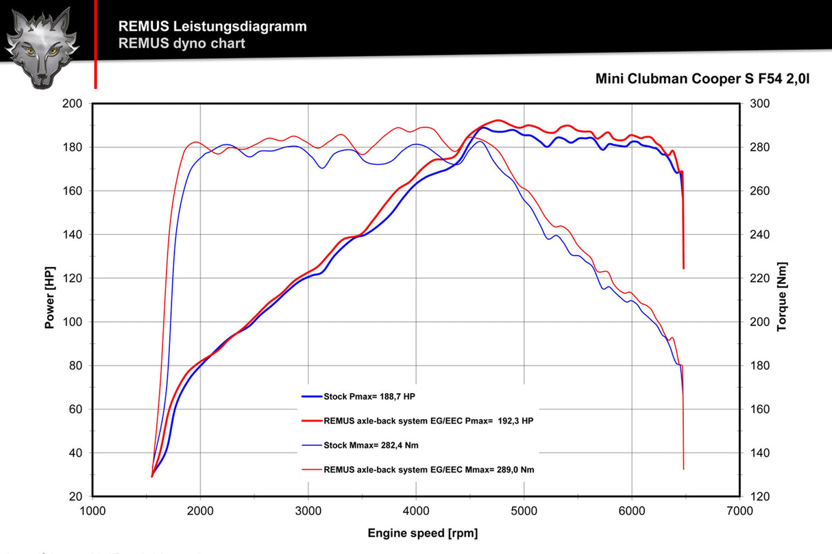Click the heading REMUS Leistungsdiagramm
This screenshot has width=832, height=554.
coord(212,27)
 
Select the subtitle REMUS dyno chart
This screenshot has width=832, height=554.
coord(182,44)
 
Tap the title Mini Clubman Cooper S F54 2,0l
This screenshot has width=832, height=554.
coord(702,79)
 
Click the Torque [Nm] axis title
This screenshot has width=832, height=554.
coord(782,297)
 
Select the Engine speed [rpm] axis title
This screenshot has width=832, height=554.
coord(423,533)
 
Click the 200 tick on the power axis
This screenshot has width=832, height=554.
coord(73,103)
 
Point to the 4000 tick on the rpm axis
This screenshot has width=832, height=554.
coord(416,510)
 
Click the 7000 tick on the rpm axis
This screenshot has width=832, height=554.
coord(739,510)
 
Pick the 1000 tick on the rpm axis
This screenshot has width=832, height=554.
coord(93,510)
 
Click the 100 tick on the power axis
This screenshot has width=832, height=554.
coord(73,322)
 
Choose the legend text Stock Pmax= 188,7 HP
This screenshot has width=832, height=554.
coord(369,396)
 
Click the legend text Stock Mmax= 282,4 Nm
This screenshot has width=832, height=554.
coord(371,446)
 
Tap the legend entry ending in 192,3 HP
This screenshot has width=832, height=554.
coord(428,421)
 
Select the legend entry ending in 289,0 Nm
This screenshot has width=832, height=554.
coord(429,470)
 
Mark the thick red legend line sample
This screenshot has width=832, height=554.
coord(311,421)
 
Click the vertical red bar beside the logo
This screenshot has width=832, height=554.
coord(95,44)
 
